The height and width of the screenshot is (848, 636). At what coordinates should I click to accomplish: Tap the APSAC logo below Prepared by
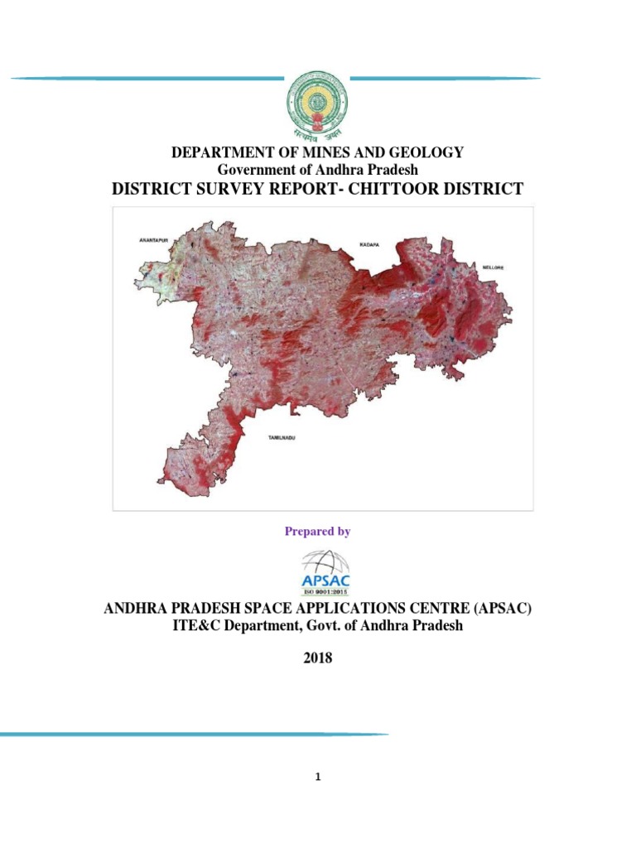click(x=317, y=571)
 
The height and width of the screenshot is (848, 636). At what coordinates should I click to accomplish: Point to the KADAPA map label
click(x=369, y=246)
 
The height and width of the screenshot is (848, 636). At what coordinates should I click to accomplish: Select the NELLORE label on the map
click(x=492, y=267)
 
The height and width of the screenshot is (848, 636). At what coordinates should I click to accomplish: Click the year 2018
click(x=317, y=659)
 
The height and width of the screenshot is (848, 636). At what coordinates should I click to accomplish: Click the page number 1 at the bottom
click(x=317, y=777)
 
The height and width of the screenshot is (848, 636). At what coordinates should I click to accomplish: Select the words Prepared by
click(x=317, y=532)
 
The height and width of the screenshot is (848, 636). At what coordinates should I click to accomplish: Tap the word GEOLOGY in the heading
click(x=428, y=152)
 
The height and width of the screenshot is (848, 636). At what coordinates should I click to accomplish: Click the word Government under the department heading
click(x=252, y=170)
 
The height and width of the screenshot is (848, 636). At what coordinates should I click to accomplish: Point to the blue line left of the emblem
click(x=149, y=79)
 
